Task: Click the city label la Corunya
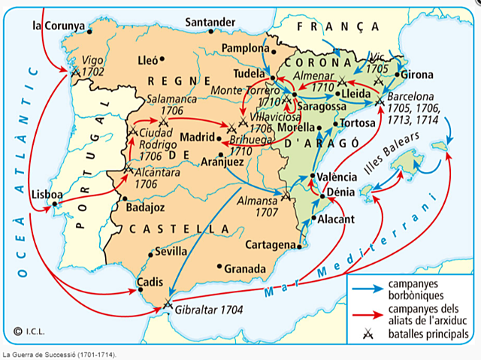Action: (x=58, y=25)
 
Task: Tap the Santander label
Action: (x=210, y=22)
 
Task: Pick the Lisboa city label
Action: (x=45, y=194)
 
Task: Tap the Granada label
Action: (x=245, y=268)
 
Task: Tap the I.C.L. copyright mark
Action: (x=29, y=328)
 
